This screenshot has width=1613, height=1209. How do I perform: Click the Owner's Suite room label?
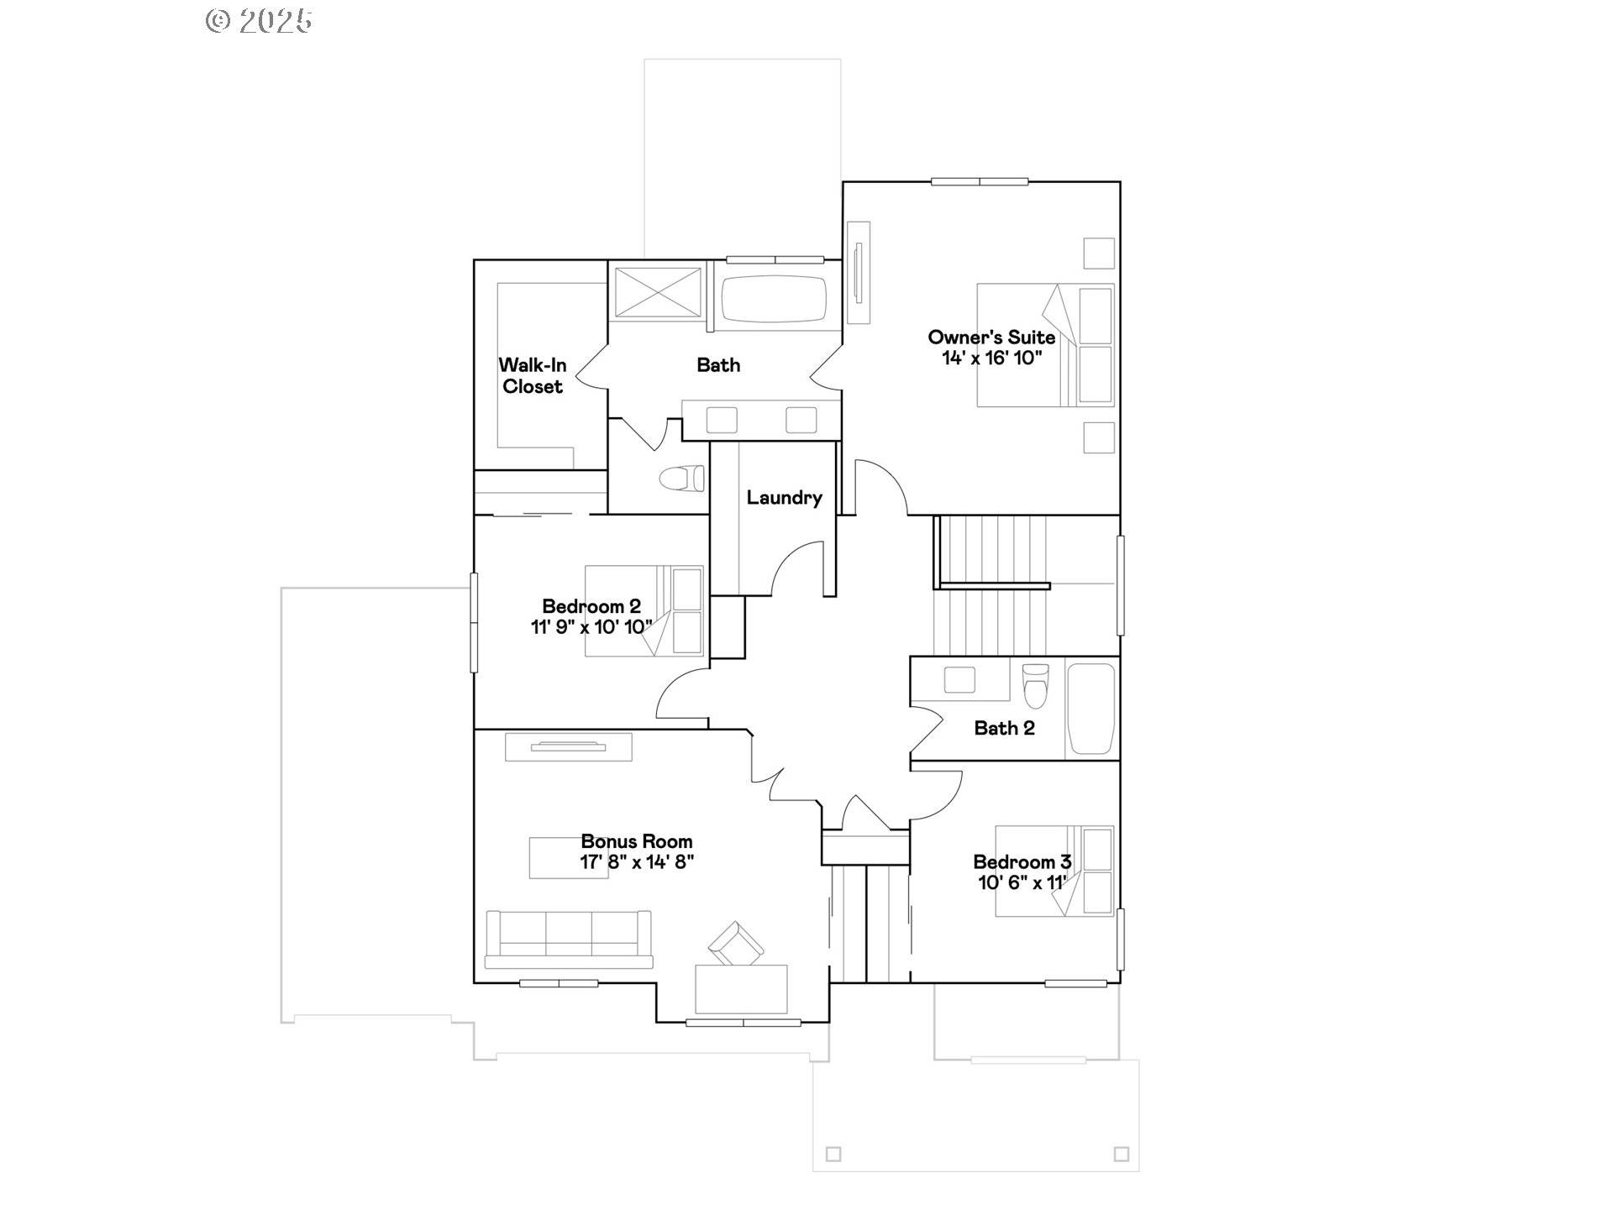(x=991, y=338)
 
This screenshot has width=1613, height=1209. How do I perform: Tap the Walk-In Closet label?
(x=533, y=376)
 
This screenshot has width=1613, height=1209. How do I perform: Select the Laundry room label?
(x=784, y=498)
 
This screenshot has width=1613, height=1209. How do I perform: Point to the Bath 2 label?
(x=1004, y=728)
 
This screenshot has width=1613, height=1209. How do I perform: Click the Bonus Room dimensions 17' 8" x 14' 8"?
(x=637, y=862)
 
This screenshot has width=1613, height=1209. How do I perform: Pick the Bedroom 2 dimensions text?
(x=591, y=627)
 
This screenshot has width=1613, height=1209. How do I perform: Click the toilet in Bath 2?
(x=1036, y=686)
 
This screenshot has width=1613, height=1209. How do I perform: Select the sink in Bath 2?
(x=959, y=679)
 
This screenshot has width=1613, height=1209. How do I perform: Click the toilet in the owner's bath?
(x=681, y=479)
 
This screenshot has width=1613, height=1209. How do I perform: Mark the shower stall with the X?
(x=657, y=292)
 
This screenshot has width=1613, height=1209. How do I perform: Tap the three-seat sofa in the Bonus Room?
(x=569, y=939)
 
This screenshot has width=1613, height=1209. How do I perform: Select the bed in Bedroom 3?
(x=1054, y=871)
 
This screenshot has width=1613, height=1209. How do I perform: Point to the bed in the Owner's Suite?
(x=1045, y=345)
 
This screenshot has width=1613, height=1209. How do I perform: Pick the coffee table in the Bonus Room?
(x=569, y=858)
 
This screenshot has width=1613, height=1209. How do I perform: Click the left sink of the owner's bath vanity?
(x=722, y=420)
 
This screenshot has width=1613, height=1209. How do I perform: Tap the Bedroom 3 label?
(x=1022, y=862)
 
